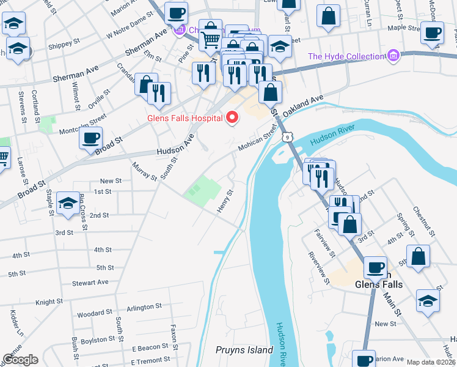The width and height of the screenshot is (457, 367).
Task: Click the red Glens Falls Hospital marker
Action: [232, 116]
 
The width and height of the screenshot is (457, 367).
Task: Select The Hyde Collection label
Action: [346, 57]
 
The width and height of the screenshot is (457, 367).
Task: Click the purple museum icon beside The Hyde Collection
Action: [393, 57]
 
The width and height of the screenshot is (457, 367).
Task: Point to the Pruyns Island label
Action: [244, 350]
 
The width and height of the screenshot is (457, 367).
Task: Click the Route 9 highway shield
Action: [286, 138]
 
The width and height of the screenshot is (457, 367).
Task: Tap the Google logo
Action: [20, 360]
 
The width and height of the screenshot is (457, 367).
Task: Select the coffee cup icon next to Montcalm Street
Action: [91, 138]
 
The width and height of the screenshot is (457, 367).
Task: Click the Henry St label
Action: [225, 201]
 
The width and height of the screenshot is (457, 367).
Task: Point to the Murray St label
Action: [144, 171]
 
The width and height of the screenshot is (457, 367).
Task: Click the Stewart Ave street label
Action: [90, 283]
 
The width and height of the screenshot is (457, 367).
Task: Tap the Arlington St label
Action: [144, 307]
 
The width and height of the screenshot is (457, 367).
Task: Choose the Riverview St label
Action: [319, 268]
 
